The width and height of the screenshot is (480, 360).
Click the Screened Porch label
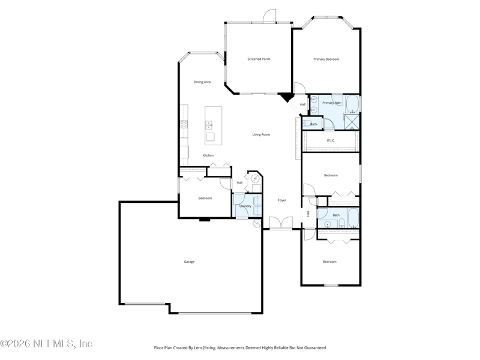(259, 59)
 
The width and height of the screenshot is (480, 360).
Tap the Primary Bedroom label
(326, 59)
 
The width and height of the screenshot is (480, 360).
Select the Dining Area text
(202, 82)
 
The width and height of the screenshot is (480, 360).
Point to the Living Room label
(261, 134)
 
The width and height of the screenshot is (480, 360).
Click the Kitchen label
(208, 155)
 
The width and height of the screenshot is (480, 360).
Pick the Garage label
(189, 262)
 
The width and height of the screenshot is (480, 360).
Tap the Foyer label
(282, 200)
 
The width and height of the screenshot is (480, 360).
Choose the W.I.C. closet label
(331, 140)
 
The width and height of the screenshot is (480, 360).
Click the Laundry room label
(245, 206)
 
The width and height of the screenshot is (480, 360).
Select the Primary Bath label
(332, 103)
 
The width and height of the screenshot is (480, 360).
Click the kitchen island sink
(208, 125)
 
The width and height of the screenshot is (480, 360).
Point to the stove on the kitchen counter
(184, 124)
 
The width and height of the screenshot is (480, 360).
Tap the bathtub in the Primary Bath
(352, 104)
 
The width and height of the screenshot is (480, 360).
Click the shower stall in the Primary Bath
(352, 122)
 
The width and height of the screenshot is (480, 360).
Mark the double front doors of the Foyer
(281, 223)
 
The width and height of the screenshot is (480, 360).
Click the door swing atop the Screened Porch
(269, 16)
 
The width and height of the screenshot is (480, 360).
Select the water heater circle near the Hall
(255, 178)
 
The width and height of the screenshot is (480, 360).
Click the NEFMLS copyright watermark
(46, 343)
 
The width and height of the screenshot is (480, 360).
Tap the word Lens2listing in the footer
(205, 348)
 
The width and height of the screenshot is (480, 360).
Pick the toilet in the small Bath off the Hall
(307, 124)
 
